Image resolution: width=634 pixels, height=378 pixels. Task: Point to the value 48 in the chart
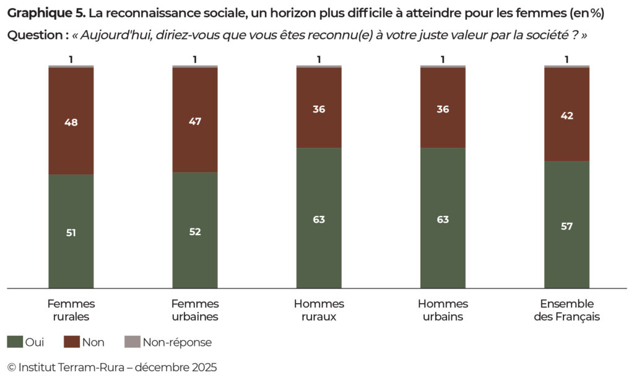click(x=71, y=122)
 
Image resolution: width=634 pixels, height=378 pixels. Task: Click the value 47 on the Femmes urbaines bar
click(x=195, y=121)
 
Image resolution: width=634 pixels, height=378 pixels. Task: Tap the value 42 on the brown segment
click(x=567, y=116)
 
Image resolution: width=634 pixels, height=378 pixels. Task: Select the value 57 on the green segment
click(x=567, y=226)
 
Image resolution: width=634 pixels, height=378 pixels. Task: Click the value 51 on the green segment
click(x=71, y=233)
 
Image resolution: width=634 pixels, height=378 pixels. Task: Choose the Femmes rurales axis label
click(x=71, y=310)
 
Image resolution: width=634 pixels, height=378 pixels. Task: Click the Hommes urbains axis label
click(x=443, y=310)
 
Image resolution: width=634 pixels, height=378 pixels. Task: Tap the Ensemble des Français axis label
click(x=567, y=310)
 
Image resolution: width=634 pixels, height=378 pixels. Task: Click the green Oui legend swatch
click(x=14, y=342)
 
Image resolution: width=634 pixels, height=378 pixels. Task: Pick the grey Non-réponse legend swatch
click(x=132, y=342)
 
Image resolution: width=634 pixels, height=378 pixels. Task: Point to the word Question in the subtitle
click(x=35, y=35)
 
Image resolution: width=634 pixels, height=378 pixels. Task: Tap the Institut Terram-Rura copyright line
click(x=112, y=367)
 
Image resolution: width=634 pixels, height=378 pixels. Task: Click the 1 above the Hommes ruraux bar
click(x=319, y=59)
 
